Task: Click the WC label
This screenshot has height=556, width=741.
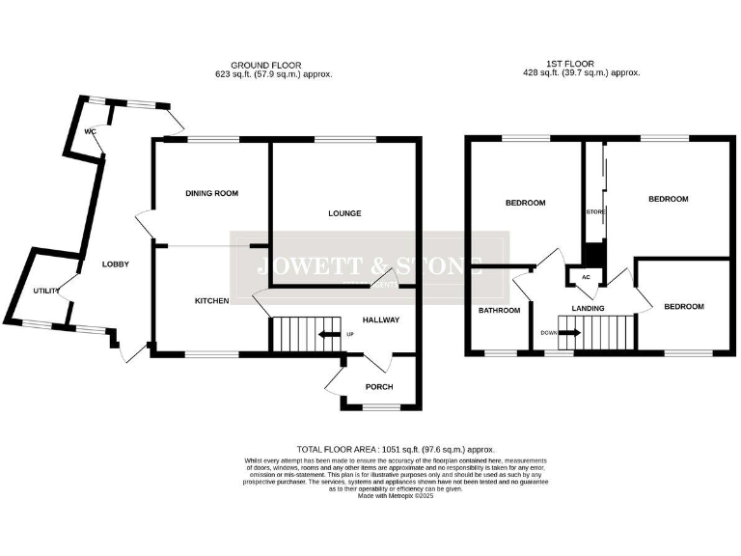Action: click(x=90, y=131)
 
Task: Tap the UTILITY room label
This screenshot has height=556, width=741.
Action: click(x=45, y=290)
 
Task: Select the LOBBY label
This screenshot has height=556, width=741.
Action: click(x=116, y=264)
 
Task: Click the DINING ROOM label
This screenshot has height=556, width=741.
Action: click(x=211, y=193)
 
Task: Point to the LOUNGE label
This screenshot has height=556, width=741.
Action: click(x=343, y=213)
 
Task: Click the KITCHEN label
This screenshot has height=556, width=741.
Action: click(x=211, y=300)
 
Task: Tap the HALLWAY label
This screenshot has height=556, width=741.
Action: click(x=381, y=320)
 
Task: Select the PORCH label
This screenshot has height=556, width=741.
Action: click(x=378, y=387)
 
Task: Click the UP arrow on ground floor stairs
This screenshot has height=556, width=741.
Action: click(x=330, y=334)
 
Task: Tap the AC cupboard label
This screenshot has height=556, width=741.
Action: click(x=585, y=277)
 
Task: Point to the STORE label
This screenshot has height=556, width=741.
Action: click(x=594, y=211)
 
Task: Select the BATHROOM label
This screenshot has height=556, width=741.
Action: click(x=500, y=310)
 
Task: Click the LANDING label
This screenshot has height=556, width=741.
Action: click(x=588, y=309)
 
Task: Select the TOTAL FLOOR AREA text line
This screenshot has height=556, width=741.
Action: click(x=396, y=449)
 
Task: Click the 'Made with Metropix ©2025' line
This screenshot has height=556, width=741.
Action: click(x=396, y=495)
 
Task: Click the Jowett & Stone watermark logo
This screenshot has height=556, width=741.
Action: click(x=370, y=266)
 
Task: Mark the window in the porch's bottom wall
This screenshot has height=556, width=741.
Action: click(x=378, y=407)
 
